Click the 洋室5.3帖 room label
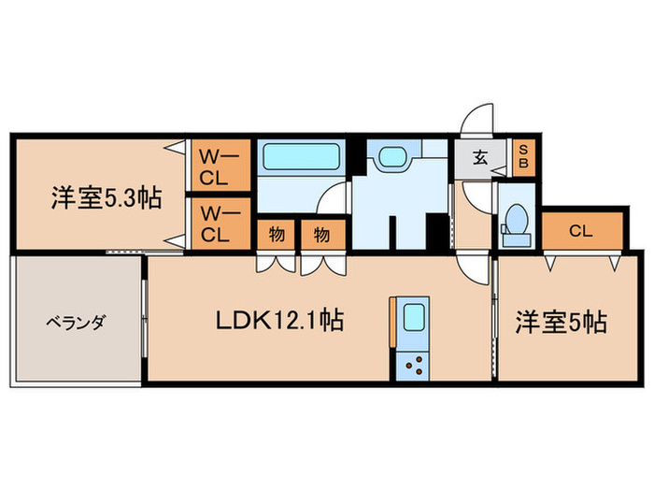click(x=106, y=198)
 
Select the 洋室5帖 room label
click(x=561, y=322)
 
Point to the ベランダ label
click(x=77, y=323)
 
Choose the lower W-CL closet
click(x=220, y=224)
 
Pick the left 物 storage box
click(x=277, y=234)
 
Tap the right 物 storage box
click(x=320, y=234)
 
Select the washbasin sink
click(x=390, y=158)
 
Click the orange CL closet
click(x=581, y=230)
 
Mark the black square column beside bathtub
click(x=354, y=152)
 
